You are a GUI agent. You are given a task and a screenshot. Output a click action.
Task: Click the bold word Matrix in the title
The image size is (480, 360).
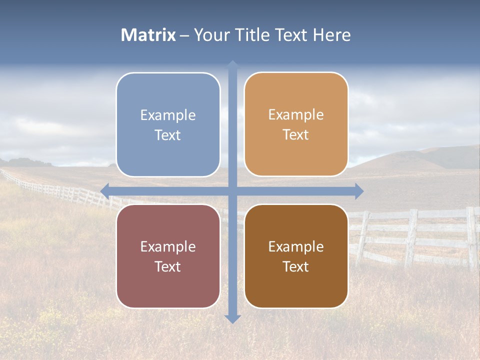(x=148, y=35)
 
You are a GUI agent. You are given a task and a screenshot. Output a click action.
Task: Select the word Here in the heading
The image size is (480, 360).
(x=331, y=35)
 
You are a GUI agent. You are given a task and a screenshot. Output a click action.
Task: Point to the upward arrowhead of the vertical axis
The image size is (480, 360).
(x=232, y=64)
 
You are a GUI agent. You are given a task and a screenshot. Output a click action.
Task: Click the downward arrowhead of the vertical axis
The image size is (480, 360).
(x=232, y=318)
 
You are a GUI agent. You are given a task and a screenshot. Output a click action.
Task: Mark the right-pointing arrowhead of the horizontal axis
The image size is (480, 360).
(x=359, y=191)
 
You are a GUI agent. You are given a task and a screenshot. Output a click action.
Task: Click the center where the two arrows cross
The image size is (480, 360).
(x=232, y=191)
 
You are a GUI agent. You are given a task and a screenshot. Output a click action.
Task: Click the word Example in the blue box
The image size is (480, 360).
(x=168, y=115)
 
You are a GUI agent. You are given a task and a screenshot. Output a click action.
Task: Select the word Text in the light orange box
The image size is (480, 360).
(x=296, y=135)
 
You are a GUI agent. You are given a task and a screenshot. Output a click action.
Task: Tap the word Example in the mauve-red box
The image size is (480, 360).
(x=168, y=246)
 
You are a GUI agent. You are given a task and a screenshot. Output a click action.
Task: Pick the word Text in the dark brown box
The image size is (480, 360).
(x=296, y=266)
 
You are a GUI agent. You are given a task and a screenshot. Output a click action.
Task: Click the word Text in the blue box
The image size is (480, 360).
(x=168, y=135)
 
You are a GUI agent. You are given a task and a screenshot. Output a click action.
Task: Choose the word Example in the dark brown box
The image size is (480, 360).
(x=296, y=246)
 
